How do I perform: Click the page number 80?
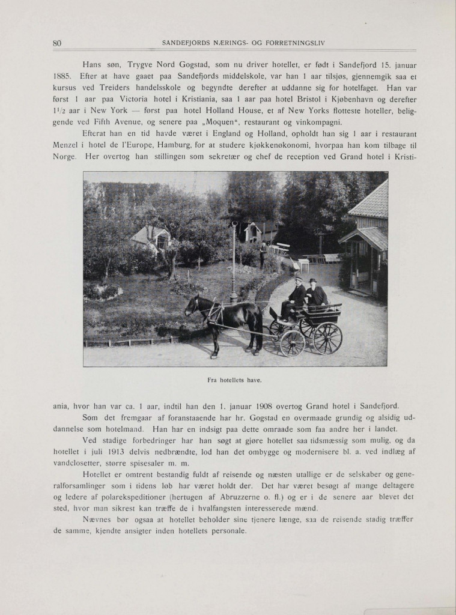coord(58,43)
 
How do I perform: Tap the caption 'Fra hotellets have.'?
coord(235,380)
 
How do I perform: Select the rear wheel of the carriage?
coord(327,338)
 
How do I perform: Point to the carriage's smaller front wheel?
coord(293,343)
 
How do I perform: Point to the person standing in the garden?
coord(263,255)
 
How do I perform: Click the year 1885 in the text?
coord(63,76)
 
